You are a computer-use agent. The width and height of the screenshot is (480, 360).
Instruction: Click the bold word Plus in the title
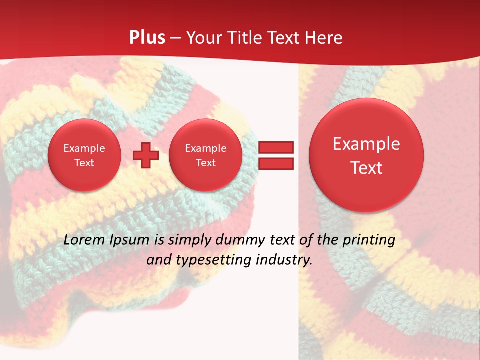pos(147,38)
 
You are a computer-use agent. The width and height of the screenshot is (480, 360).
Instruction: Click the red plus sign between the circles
pos(146,155)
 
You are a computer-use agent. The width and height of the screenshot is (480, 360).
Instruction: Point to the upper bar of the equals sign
pos(275,147)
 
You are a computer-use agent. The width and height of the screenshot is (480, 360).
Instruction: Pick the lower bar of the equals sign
pos(275,164)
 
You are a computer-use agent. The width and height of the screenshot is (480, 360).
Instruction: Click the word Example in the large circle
pos(366,144)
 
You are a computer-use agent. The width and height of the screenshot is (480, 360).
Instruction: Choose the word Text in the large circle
pos(366,168)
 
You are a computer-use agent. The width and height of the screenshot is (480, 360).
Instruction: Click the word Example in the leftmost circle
pos(84,148)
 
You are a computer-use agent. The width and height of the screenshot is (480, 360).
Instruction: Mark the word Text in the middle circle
pos(205,163)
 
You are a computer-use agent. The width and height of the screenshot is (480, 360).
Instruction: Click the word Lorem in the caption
pos(84,240)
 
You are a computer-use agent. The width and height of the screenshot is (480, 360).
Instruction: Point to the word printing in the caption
pos(369,240)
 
